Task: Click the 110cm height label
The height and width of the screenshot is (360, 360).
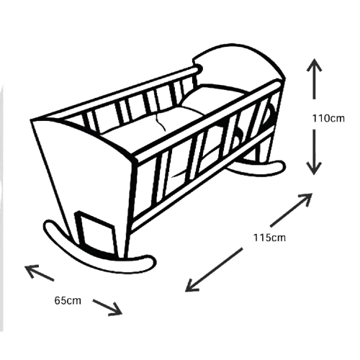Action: point(328,118)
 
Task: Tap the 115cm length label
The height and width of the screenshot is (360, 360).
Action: point(269,238)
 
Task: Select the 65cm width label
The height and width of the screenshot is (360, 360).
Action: point(68,300)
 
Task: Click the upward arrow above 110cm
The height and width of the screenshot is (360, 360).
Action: point(314,78)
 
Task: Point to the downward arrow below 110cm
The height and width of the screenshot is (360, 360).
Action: point(314,152)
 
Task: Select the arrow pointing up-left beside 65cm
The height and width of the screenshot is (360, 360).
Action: point(39,272)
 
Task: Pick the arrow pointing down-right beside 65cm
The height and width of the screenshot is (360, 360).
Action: point(108,307)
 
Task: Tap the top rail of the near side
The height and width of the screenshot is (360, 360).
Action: point(207,121)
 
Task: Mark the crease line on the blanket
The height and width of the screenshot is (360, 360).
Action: point(161,122)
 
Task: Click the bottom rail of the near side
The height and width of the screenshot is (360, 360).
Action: point(202,181)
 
